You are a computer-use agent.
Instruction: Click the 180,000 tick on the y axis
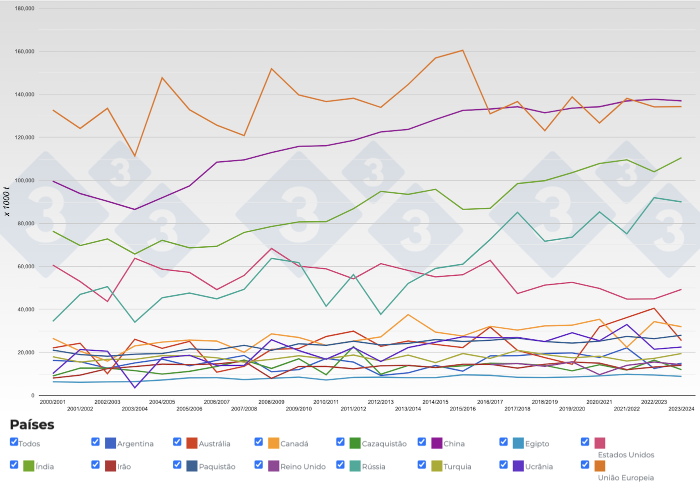(24, 9)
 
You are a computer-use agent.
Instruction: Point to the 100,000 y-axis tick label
(24, 181)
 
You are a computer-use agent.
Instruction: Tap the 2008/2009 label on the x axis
(271, 402)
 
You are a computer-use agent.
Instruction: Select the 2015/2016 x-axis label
(462, 409)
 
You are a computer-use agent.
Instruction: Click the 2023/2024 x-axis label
(681, 409)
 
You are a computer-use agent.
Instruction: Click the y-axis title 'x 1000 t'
(6, 201)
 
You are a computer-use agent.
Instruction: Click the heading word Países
(32, 425)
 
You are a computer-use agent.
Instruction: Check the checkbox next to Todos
(14, 442)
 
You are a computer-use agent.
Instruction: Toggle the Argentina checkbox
(95, 442)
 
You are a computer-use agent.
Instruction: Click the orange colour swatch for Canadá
(273, 443)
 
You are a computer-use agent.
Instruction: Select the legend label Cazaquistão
(384, 444)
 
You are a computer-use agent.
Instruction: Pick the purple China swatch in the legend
(436, 443)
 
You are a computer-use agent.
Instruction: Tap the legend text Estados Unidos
(626, 455)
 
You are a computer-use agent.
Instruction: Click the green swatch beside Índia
(28, 466)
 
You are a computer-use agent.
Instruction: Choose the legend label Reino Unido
(303, 467)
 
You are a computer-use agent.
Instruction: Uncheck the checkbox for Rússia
(340, 465)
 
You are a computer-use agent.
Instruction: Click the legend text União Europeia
(626, 478)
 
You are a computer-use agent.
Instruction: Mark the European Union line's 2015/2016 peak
(463, 50)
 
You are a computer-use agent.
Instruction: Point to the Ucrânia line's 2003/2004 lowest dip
(135, 387)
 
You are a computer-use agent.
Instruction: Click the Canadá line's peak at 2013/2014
(408, 315)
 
